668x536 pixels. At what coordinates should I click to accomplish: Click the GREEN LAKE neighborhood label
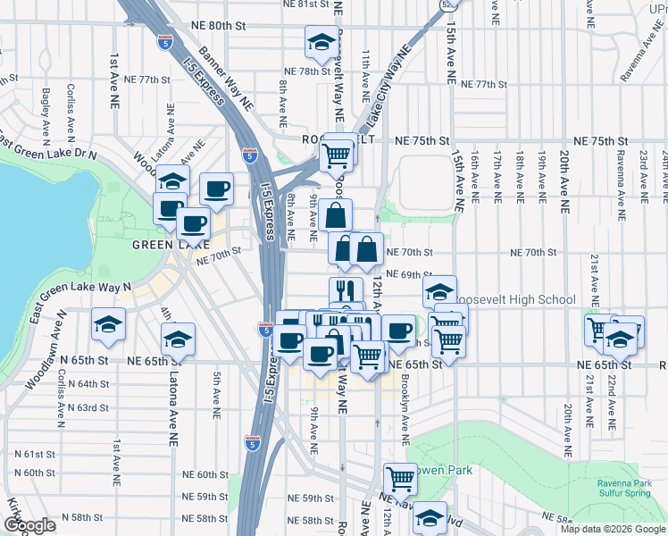click(159, 245)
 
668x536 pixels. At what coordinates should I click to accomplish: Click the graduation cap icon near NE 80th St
click(321, 42)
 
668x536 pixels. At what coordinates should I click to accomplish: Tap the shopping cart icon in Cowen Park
click(400, 480)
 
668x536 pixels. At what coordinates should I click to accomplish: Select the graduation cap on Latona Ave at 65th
click(178, 339)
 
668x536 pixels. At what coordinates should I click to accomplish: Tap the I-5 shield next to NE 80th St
click(163, 41)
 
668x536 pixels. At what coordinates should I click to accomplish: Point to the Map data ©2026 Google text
click(612, 529)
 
